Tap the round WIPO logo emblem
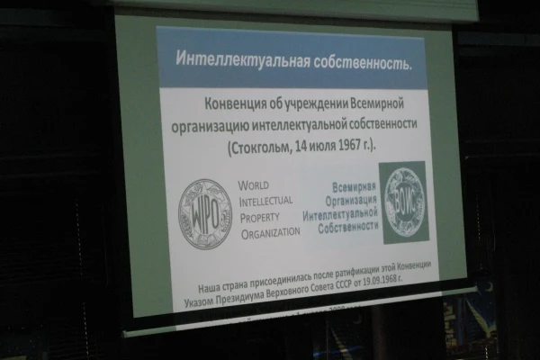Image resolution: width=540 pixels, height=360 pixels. [205, 213]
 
